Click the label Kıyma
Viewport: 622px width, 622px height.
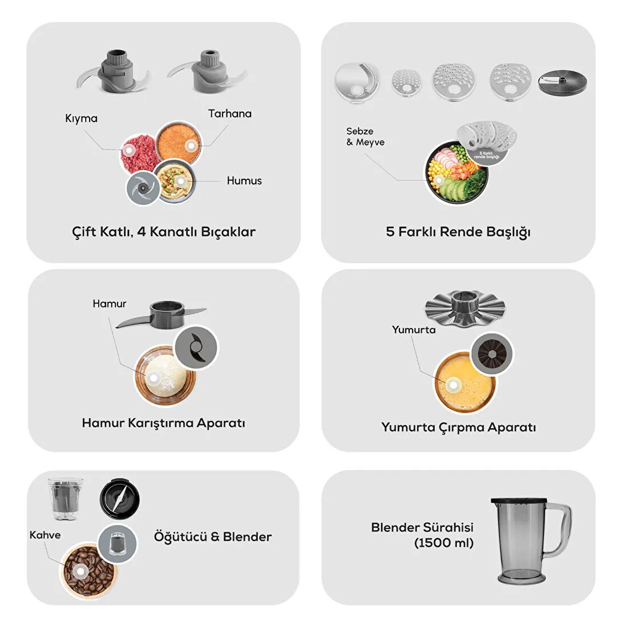(82, 119)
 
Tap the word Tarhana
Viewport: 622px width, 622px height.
(229, 114)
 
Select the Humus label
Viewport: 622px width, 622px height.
(244, 181)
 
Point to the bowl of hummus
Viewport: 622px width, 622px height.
(175, 182)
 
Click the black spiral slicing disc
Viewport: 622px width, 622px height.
(562, 82)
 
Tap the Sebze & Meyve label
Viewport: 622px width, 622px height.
(365, 136)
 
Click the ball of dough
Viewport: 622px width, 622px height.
(165, 375)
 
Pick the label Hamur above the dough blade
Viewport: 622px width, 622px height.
(110, 304)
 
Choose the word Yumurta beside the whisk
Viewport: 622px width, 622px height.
(413, 330)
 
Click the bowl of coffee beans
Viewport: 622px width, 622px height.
(88, 570)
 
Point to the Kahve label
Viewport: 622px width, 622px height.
(45, 535)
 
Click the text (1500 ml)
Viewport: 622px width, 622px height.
(444, 543)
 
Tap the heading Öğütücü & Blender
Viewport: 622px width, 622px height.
(213, 537)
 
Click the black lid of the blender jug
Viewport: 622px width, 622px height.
(519, 502)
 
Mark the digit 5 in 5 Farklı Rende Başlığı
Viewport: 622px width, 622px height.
(390, 232)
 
